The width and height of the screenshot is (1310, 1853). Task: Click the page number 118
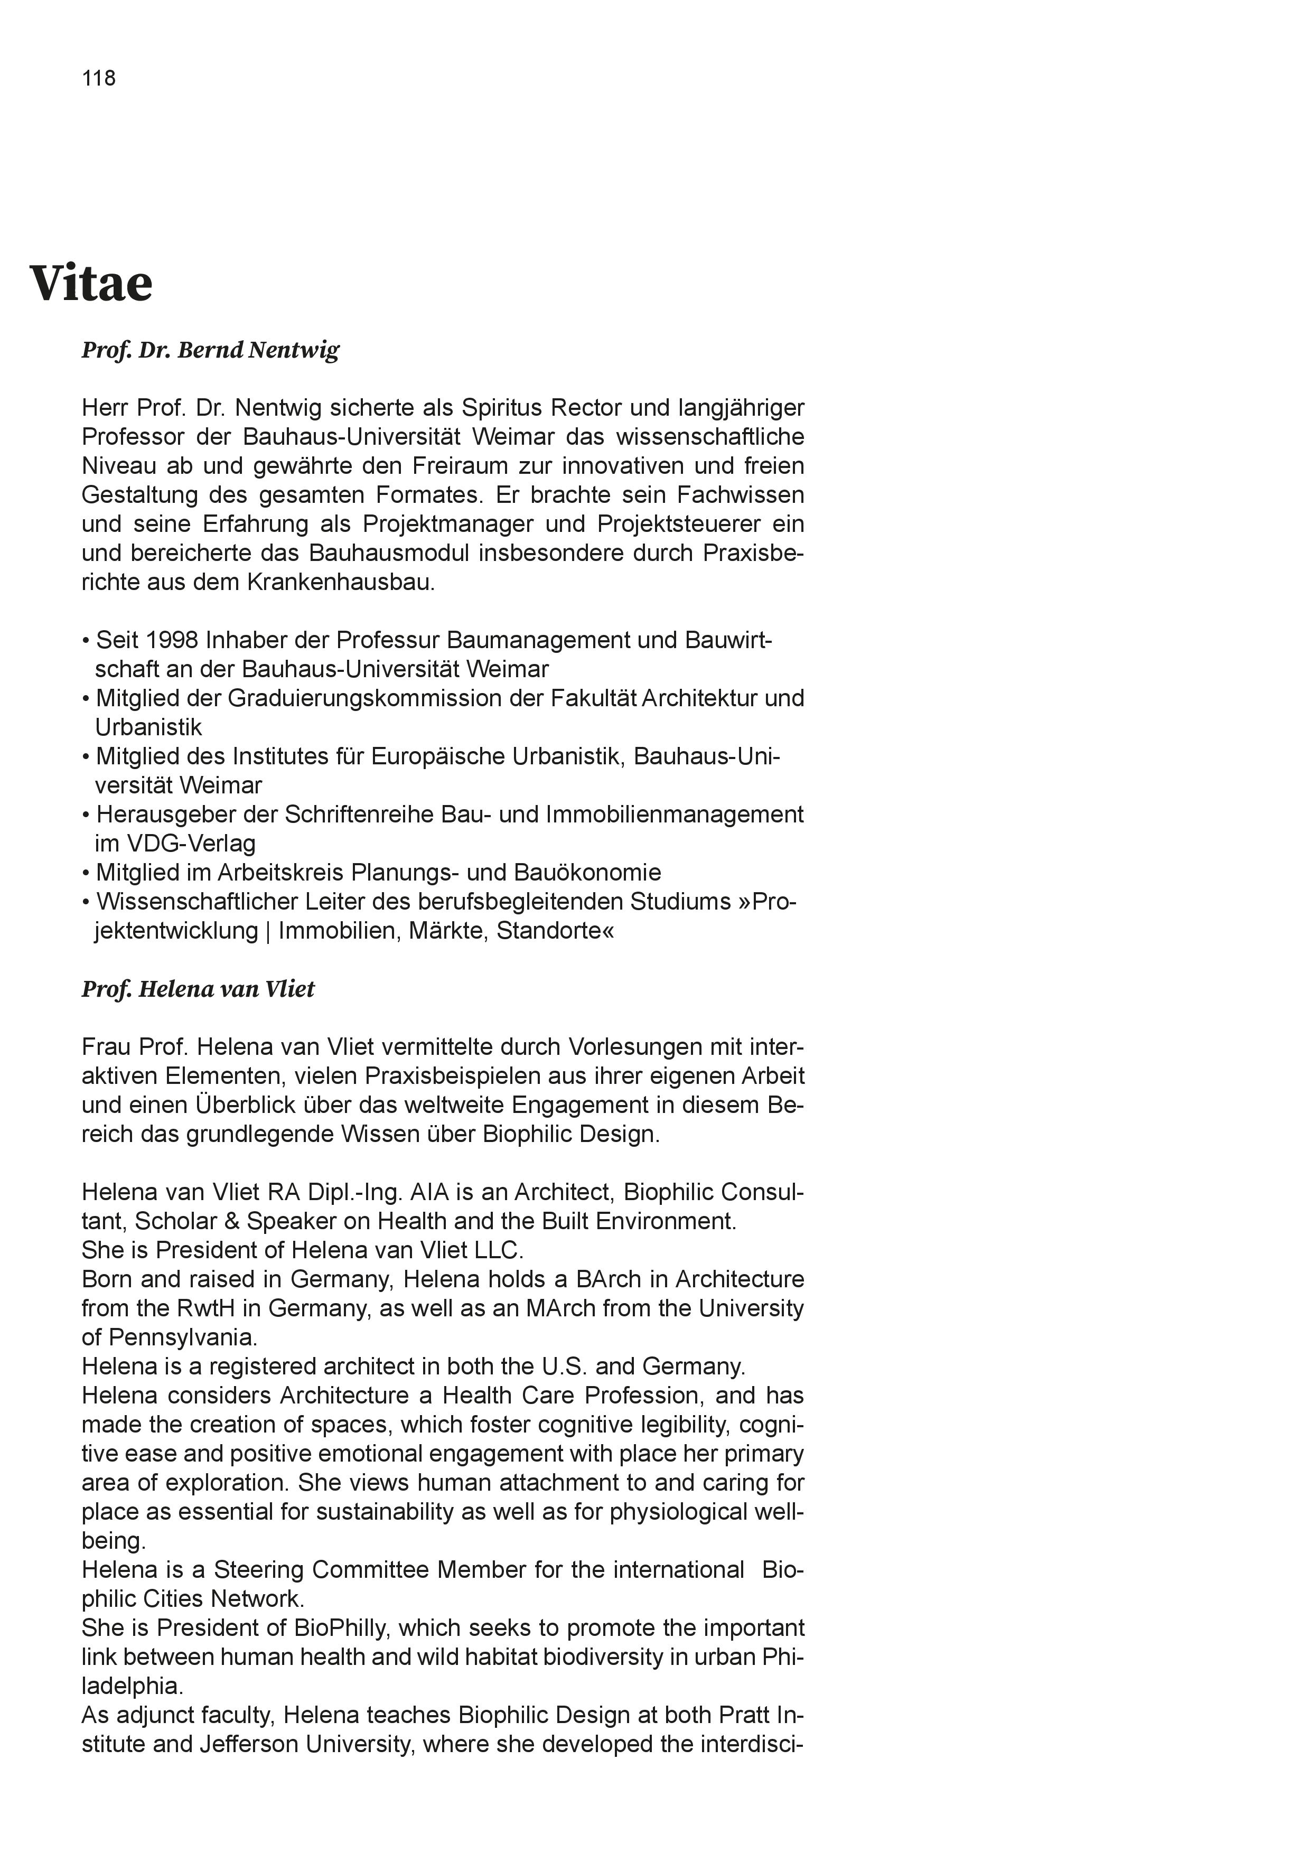(x=98, y=78)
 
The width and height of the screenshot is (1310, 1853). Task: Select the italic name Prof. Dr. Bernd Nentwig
(x=211, y=350)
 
